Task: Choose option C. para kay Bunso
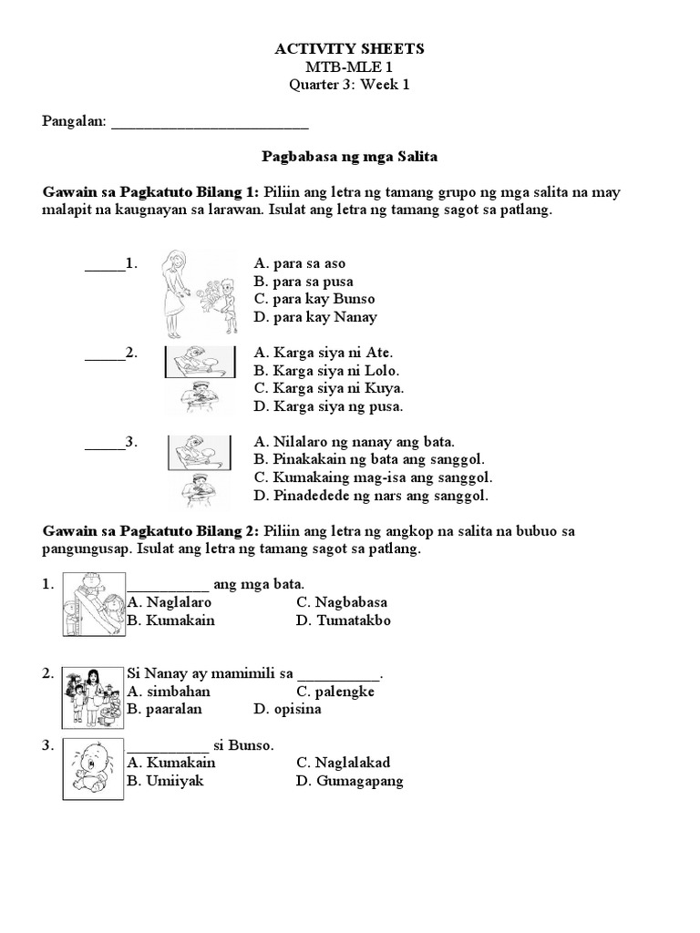point(314,299)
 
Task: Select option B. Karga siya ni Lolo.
point(326,371)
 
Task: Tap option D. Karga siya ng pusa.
point(328,406)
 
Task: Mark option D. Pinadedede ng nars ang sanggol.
point(371,496)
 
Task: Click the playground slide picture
point(94,605)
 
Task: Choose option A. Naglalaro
point(170,602)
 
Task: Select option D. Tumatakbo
point(344,620)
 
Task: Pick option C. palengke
point(335,692)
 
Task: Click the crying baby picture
point(94,770)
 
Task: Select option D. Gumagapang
point(350,781)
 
